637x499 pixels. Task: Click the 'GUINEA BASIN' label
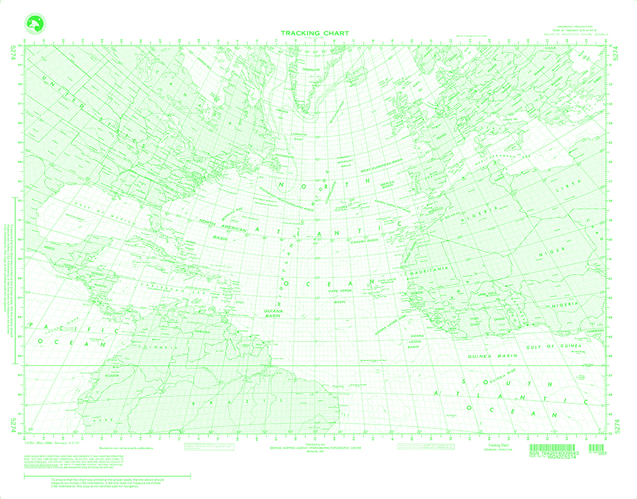[x=491, y=358]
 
